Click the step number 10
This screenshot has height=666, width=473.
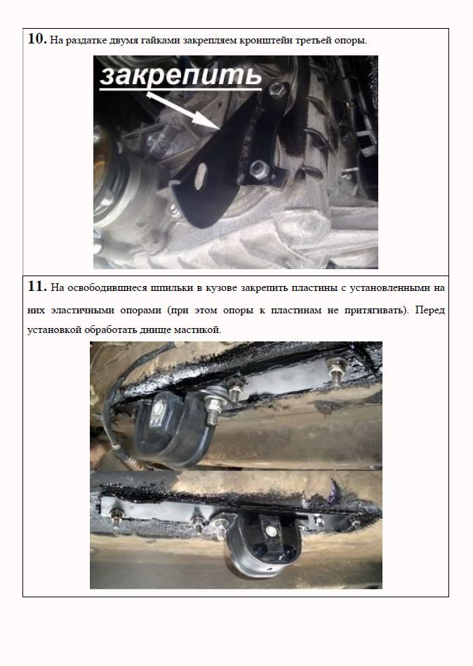click(x=37, y=39)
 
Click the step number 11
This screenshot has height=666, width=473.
click(x=37, y=287)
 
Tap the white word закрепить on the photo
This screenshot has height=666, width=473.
click(x=181, y=77)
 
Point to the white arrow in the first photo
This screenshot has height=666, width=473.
click(x=183, y=109)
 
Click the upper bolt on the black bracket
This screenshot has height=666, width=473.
click(x=276, y=89)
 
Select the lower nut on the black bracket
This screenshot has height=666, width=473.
click(x=256, y=169)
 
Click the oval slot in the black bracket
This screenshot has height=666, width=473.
click(x=200, y=176)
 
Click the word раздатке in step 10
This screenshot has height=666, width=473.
click(x=85, y=41)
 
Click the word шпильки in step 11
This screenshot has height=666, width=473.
click(x=170, y=288)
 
